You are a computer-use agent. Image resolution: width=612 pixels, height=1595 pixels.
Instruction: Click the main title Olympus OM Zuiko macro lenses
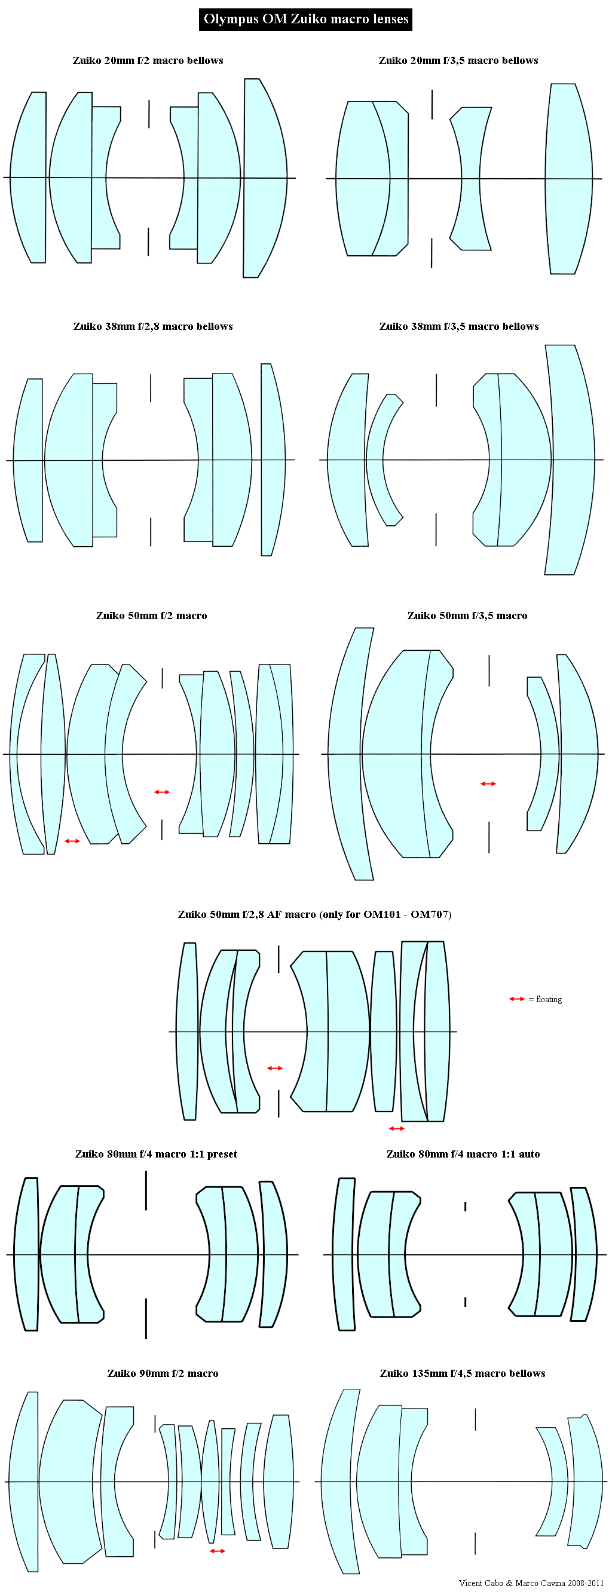(306, 19)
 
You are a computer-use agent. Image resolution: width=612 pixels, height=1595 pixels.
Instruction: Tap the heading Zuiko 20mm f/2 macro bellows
(148, 61)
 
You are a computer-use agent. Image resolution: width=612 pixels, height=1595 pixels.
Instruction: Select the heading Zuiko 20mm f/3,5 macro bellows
(458, 61)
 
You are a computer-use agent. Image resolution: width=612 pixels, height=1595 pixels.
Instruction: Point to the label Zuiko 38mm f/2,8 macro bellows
(153, 326)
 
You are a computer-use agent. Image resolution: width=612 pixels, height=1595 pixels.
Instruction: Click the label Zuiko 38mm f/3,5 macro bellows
(459, 326)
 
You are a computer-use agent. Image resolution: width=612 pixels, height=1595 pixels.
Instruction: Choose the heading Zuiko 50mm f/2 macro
(152, 616)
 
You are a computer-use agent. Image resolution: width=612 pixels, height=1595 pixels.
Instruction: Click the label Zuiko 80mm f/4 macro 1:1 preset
(156, 1154)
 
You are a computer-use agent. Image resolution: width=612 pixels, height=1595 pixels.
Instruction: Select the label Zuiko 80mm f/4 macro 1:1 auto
(463, 1154)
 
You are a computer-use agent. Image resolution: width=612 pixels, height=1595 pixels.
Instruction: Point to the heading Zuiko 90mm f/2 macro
(163, 1373)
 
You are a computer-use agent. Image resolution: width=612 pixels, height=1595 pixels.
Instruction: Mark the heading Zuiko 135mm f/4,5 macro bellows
(463, 1373)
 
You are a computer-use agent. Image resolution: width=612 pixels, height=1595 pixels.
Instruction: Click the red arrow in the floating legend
(516, 999)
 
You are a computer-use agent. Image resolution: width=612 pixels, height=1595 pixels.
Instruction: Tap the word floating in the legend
(549, 999)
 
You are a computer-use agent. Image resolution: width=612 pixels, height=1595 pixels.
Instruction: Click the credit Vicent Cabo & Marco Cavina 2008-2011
(531, 1583)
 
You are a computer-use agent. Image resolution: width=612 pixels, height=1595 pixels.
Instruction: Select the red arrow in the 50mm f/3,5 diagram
(488, 784)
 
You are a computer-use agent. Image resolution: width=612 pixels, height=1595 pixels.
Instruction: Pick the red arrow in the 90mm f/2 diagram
(218, 1551)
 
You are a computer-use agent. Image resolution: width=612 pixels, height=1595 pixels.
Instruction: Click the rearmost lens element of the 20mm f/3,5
(568, 179)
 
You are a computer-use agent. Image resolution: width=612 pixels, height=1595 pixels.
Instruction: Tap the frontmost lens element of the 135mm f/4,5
(341, 1481)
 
